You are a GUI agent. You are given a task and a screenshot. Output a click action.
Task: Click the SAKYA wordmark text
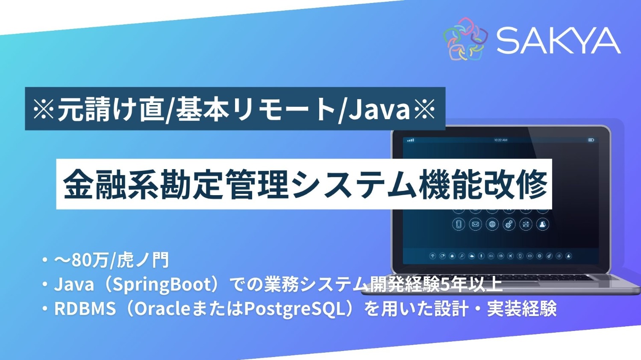[x=558, y=41]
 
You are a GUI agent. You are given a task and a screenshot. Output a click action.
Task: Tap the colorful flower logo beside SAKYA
[x=465, y=39]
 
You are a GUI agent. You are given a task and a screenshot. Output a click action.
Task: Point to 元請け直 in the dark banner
[x=111, y=109]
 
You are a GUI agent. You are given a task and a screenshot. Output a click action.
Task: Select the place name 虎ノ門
[x=143, y=260]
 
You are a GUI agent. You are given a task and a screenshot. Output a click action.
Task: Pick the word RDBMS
[x=85, y=309]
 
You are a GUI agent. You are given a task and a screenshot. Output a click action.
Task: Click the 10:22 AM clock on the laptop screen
[x=500, y=140]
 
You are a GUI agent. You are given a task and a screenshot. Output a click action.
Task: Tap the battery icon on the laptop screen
[x=591, y=140]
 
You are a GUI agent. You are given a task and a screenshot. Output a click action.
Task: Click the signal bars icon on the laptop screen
[x=411, y=140]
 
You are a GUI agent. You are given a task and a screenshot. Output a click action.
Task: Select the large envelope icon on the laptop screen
[x=475, y=224]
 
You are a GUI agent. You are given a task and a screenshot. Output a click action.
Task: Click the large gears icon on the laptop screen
[x=509, y=224]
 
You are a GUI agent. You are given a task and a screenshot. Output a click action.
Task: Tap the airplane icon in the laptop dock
[x=510, y=256]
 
